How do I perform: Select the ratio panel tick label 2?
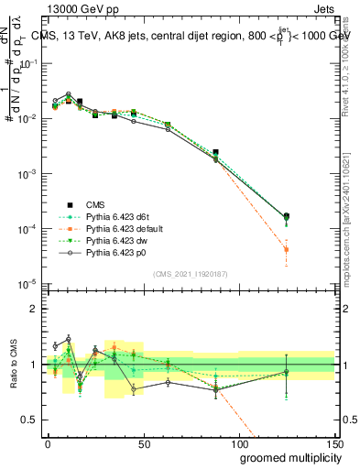34,310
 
